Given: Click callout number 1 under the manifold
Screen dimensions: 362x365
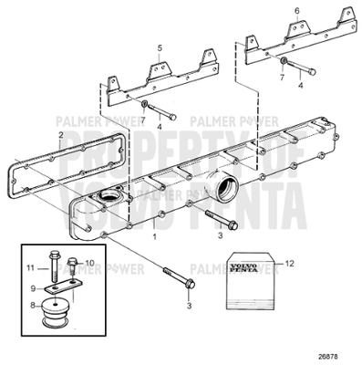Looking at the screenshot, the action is click(155, 235).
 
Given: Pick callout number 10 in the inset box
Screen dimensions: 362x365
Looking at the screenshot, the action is click(88, 264).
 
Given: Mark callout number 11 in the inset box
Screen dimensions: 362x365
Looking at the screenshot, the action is click(29, 268).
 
